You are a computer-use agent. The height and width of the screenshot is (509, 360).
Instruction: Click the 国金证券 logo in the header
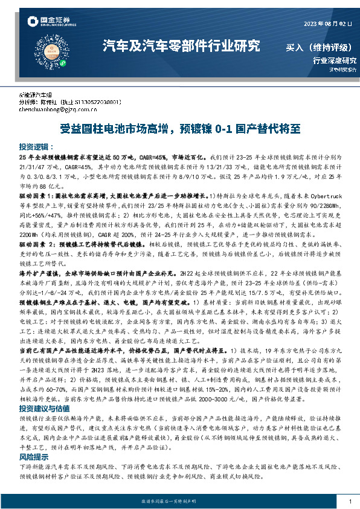(51, 22)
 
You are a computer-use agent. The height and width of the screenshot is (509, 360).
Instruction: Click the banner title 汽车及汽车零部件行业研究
(182, 46)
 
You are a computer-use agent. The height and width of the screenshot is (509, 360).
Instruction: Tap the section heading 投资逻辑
(36, 147)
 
